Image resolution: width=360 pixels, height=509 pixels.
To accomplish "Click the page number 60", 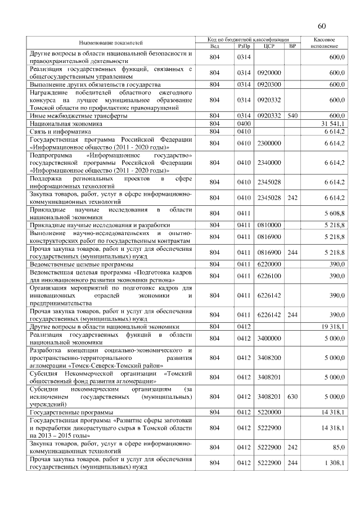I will [x=322, y=26].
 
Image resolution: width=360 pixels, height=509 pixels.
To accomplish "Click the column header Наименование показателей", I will [x=110, y=42].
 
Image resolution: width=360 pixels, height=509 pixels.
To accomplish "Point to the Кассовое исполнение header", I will [x=323, y=42].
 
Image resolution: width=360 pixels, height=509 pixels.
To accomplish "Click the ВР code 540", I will [x=292, y=115].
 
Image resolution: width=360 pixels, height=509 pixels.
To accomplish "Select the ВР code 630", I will [x=292, y=397].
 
